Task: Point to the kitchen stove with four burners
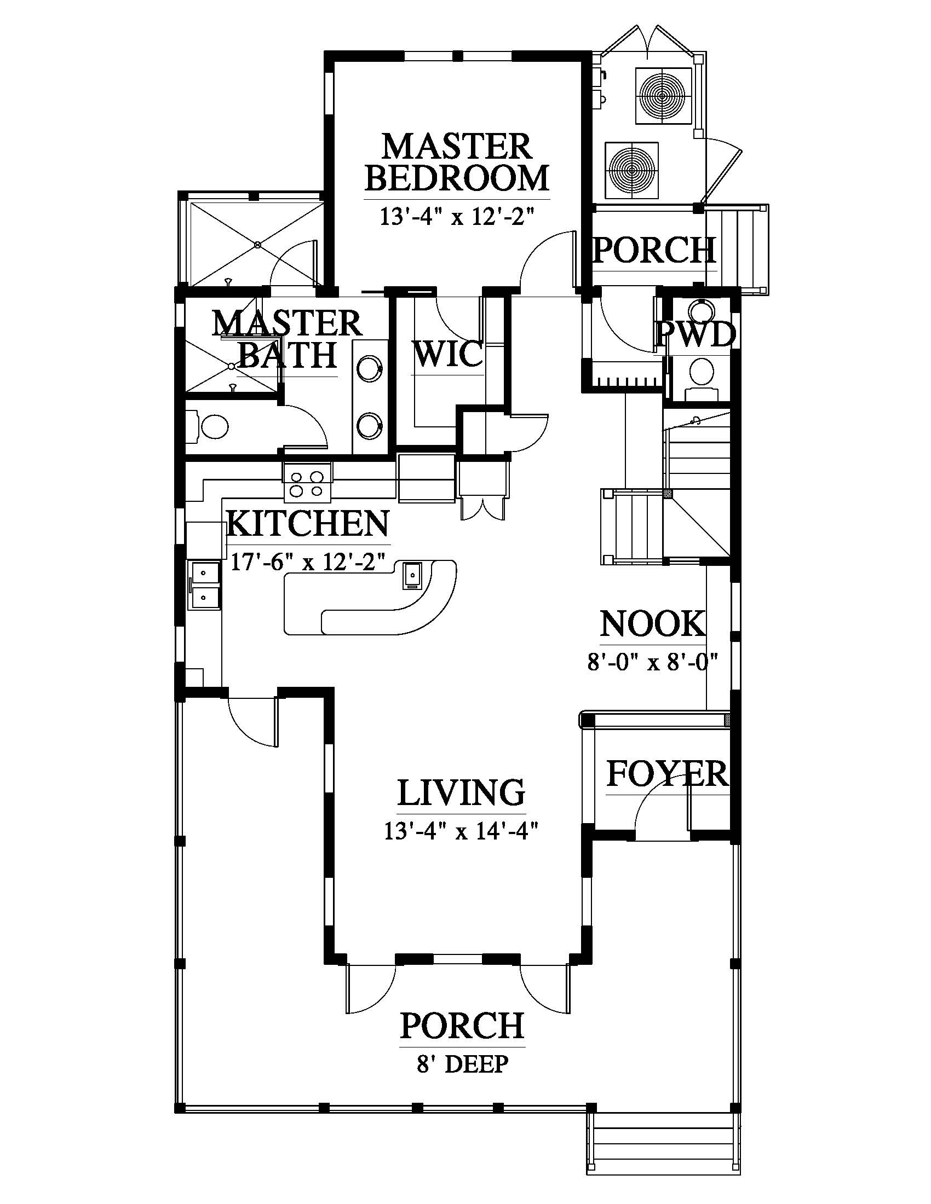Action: [307, 482]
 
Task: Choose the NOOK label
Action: [653, 624]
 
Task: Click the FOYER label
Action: [668, 774]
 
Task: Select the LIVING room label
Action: [461, 793]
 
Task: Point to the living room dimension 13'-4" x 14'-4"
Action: [461, 831]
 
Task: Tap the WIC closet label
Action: [448, 354]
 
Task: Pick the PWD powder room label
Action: [697, 334]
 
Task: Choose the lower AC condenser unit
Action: [631, 169]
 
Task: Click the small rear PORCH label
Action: [654, 250]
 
